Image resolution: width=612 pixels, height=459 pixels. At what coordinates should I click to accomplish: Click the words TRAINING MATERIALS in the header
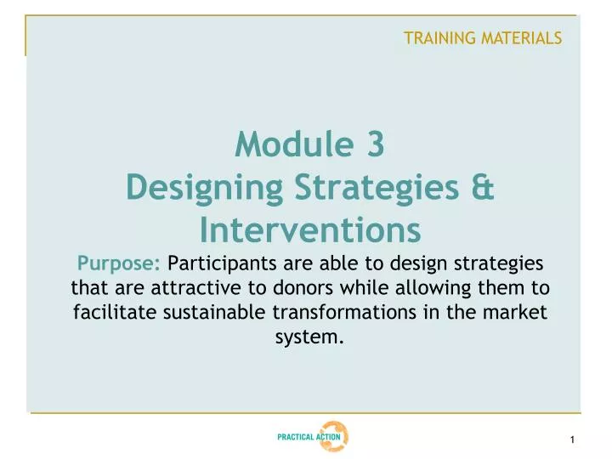click(x=482, y=37)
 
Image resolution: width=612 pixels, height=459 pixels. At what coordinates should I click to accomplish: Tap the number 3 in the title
click(x=376, y=146)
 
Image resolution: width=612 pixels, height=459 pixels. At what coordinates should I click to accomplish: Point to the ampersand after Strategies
click(x=481, y=187)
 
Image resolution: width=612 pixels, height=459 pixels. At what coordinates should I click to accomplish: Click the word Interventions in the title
click(x=310, y=228)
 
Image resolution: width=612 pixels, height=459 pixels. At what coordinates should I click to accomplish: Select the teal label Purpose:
click(x=119, y=263)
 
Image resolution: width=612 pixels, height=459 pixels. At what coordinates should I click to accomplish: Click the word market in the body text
click(x=518, y=312)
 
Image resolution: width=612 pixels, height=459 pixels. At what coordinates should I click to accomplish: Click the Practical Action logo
click(x=312, y=437)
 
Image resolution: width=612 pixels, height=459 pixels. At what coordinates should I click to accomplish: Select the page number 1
click(x=574, y=439)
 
